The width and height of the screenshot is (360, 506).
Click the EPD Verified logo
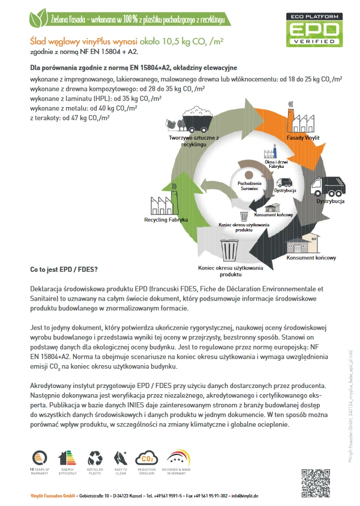click(315, 29)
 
